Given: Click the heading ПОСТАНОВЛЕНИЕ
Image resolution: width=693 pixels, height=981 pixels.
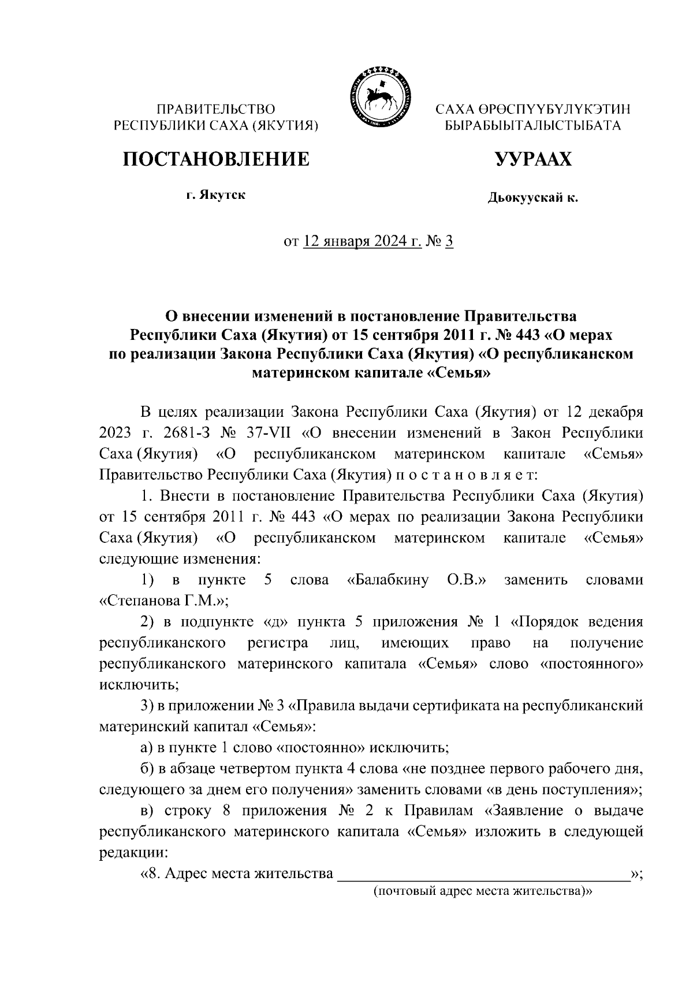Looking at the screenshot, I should [215, 159].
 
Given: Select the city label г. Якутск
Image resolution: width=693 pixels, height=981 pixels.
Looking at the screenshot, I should [215, 195].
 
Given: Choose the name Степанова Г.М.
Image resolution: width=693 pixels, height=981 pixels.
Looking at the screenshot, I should [164, 601].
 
